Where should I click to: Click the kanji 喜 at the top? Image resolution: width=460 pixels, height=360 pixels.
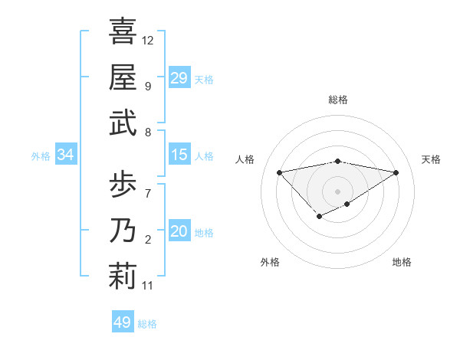pos(123,32)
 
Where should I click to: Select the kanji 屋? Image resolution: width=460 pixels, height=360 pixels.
pos(123,77)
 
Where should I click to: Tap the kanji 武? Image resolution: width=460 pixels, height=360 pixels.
pos(123,123)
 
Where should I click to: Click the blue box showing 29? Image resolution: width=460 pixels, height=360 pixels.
pos(179,78)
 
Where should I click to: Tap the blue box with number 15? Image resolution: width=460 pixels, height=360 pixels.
pos(179,155)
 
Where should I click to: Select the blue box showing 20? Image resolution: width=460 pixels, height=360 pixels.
pos(179,231)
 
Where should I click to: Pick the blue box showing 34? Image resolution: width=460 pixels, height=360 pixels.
pos(65,155)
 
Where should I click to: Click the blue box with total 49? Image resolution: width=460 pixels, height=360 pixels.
pos(123,322)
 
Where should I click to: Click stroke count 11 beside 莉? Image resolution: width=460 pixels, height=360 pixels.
pos(148,286)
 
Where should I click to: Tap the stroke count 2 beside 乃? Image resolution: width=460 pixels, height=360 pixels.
pos(148,240)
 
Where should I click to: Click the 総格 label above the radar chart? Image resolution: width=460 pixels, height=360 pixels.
pos(338,100)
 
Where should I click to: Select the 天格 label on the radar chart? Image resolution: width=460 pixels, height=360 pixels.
pos(431,159)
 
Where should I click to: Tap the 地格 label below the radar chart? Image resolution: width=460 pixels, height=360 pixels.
pos(402,262)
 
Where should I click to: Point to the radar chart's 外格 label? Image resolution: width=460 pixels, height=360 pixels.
pos(270,262)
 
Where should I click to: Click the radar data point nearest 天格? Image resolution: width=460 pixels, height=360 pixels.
pos(396,172)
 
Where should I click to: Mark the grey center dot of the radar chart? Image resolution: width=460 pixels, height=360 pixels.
pos(337,191)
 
